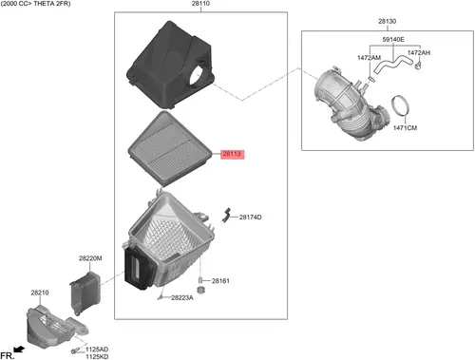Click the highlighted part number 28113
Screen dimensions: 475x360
coord(232,154)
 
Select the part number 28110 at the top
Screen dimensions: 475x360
coord(200,4)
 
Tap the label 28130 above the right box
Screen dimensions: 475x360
coord(387,22)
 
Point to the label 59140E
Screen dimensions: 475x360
coord(393,40)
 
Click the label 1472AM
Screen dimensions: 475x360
coord(369,58)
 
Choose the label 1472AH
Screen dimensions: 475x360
coord(419,53)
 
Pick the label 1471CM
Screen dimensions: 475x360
coord(405,128)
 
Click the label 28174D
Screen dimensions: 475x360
coord(250,218)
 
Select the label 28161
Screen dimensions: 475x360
coord(220,281)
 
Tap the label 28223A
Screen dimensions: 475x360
coord(182,297)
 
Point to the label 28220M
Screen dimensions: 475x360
coord(90,258)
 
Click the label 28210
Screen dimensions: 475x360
coord(40,293)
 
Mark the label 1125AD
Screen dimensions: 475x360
coord(97,350)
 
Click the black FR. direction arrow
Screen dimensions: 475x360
coord(19,350)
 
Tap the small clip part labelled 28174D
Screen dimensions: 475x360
coord(226,216)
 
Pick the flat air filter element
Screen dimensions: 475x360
coord(170,149)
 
